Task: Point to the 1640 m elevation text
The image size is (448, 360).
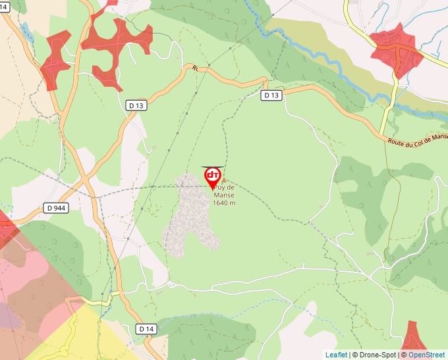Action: click(x=224, y=203)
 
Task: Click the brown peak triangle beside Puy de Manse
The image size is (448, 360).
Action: click(x=224, y=180)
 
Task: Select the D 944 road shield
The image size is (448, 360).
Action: click(x=56, y=208)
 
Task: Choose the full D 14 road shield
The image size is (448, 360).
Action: click(x=147, y=328)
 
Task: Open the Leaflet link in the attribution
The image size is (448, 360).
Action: click(x=336, y=355)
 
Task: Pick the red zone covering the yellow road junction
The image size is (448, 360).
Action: click(x=396, y=49)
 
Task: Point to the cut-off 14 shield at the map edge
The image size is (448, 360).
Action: click(x=4, y=6)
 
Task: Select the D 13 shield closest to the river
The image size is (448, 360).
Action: click(x=271, y=95)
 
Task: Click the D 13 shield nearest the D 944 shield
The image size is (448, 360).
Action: click(x=136, y=105)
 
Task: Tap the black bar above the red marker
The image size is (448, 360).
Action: click(x=213, y=167)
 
